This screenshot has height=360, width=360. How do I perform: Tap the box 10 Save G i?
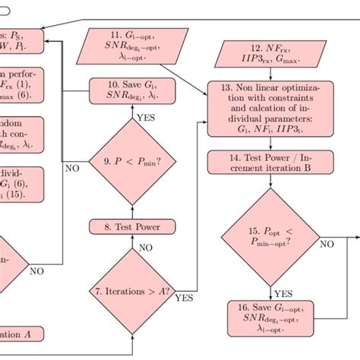[x=134, y=90]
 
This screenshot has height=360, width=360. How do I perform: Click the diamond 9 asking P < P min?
[x=134, y=161]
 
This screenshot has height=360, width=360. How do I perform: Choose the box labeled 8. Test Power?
[x=134, y=226]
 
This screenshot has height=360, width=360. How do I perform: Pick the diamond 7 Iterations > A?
[x=134, y=292]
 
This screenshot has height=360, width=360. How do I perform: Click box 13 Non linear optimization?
[x=271, y=111]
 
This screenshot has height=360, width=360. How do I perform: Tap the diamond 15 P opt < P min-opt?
[x=271, y=237]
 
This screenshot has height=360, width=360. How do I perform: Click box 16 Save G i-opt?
[x=271, y=319]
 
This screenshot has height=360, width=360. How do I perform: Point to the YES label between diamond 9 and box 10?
[x=145, y=118]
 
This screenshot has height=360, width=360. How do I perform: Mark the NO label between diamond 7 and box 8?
[x=145, y=247]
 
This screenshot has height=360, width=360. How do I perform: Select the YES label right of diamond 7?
[x=184, y=298]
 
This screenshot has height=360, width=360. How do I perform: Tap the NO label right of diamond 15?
[x=327, y=244]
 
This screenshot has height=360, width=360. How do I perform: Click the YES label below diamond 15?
[x=283, y=292]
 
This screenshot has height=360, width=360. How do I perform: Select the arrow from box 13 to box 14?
[x=271, y=143]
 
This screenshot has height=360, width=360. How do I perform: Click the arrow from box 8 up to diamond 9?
[x=134, y=209]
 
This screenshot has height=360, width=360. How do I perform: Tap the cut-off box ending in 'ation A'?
[x=21, y=334]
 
